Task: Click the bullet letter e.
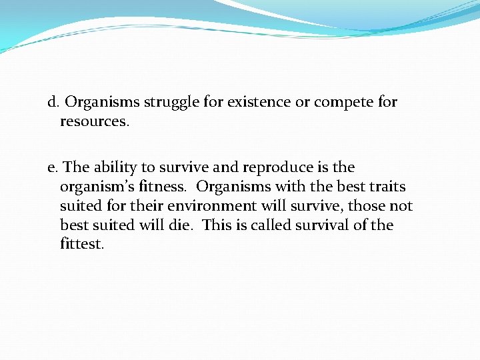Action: [x=52, y=167]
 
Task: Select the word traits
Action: [x=385, y=187]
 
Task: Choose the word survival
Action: [x=323, y=225]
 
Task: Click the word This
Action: [x=216, y=225]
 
